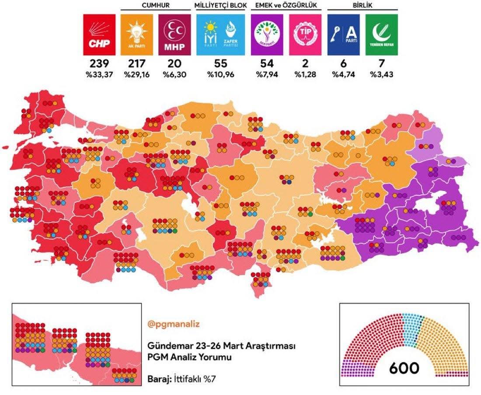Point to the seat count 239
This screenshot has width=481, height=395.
(x=99, y=64)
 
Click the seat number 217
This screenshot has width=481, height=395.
(x=137, y=64)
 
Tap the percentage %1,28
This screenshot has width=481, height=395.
(x=305, y=74)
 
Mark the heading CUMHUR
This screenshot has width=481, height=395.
(x=155, y=5)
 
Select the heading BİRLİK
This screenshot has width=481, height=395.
(x=362, y=5)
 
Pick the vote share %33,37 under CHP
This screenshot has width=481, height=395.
(x=99, y=74)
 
